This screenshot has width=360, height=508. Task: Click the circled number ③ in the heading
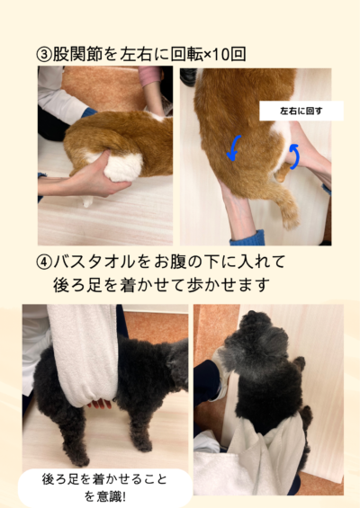pos(44,55)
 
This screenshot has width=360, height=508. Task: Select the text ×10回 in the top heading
pos(225,54)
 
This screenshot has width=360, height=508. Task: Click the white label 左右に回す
pos(301,111)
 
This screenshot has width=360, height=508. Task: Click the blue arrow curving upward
pos(295,156)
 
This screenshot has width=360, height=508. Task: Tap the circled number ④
pos(44,262)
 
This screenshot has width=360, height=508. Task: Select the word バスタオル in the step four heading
pos(94,262)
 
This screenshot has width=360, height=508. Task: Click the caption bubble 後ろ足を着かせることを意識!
pos(104,487)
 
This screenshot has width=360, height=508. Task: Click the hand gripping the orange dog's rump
pos(94,176)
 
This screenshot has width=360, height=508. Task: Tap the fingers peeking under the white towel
pos(100,404)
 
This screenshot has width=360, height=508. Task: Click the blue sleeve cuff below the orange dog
pos(247,237)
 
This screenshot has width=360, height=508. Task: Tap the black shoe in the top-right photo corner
pos(188,77)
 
